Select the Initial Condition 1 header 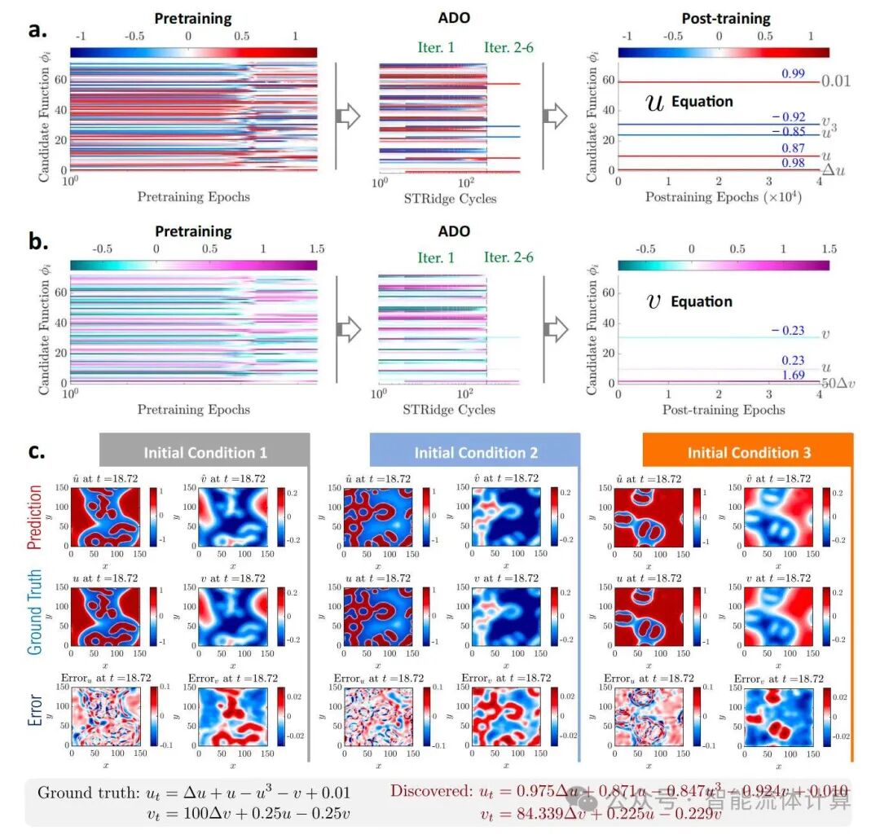pos(205,453)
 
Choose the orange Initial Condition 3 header pos(749,453)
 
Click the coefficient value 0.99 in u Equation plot pos(793,74)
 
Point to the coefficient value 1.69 pos(793,376)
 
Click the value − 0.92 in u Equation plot pos(788,116)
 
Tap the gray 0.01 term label pos(836,81)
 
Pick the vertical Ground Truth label pos(34,613)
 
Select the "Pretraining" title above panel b pos(193,231)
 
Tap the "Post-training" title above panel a pos(724,18)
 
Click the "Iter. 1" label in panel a pos(436,47)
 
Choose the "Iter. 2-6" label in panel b pos(509,257)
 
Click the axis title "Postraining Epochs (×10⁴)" pos(723,196)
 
